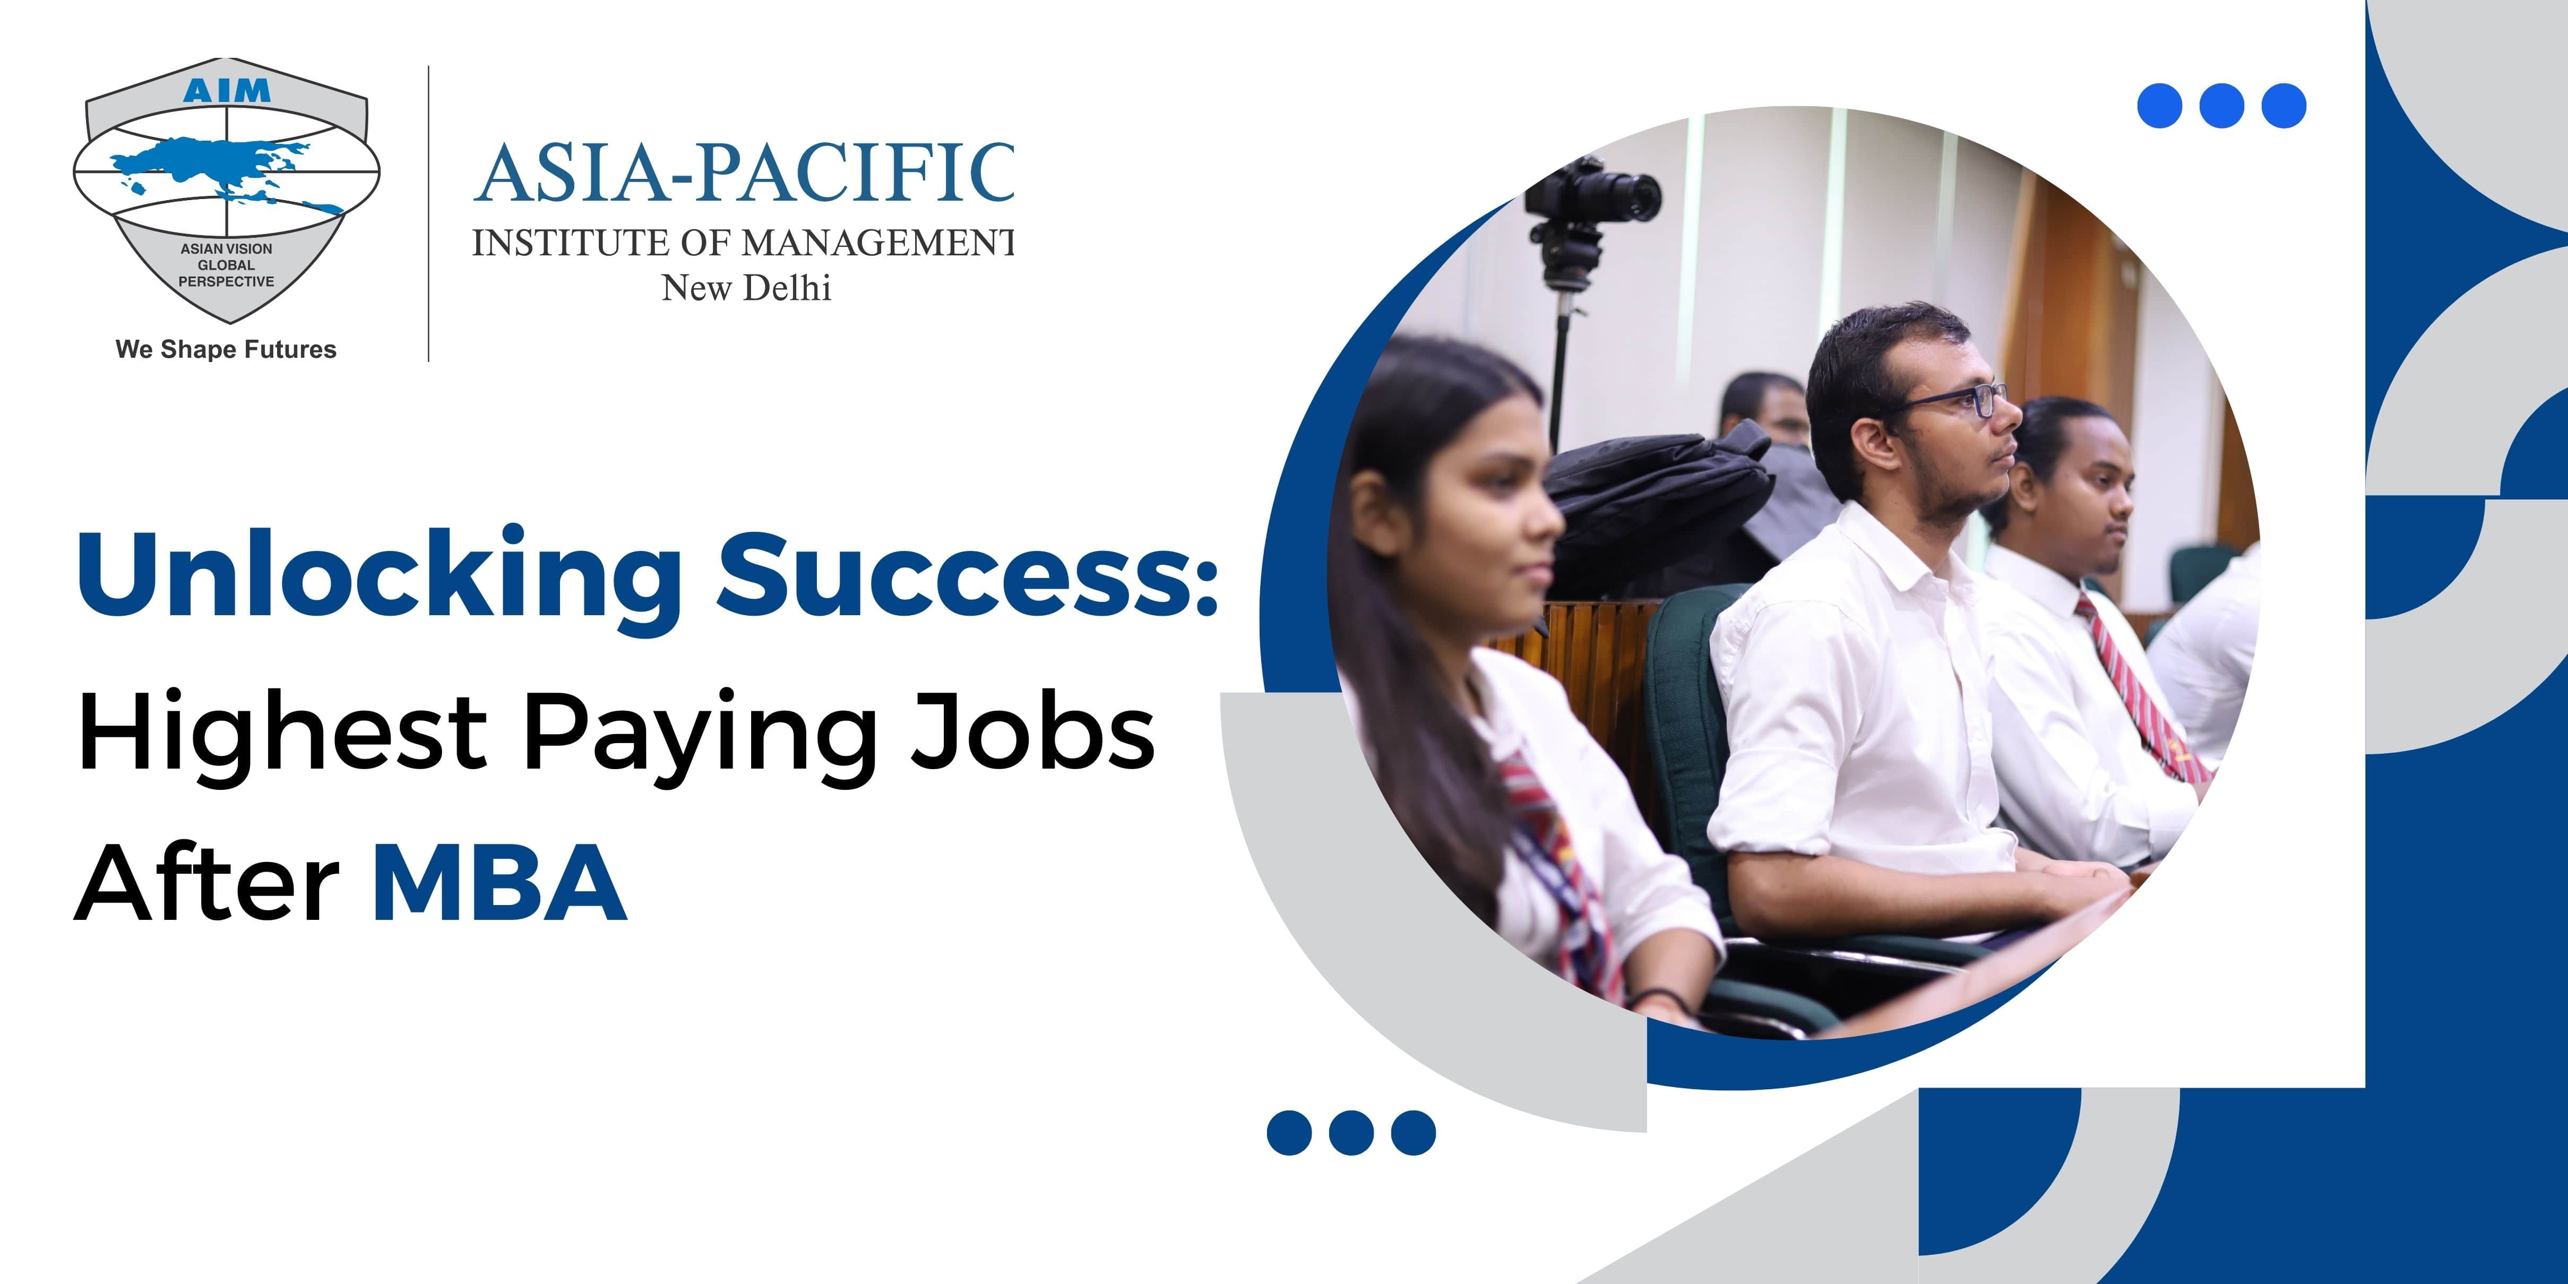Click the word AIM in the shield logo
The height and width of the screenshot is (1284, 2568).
point(226,91)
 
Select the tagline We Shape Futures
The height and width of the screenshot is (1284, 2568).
point(226,350)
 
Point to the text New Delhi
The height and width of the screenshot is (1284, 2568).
point(746,288)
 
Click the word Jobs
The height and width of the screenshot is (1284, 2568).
point(1032,731)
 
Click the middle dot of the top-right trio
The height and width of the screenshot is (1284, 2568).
point(2221,106)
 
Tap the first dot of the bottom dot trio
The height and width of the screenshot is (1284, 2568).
point(1289,1133)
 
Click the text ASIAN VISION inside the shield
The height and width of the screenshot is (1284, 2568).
point(226,248)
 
